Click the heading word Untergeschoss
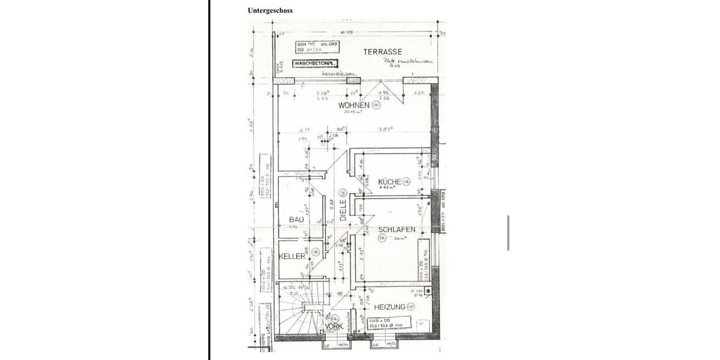[x=270, y=10]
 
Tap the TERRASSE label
[x=382, y=52]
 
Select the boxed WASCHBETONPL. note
[x=316, y=63]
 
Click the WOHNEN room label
[x=353, y=105]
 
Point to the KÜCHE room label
[x=389, y=181]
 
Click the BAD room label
[x=296, y=220]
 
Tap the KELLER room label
[x=292, y=256]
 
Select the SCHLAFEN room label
[x=397, y=229]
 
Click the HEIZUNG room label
[x=389, y=307]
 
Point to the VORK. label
[x=334, y=326]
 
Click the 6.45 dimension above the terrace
[x=347, y=32]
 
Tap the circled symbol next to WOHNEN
[x=376, y=105]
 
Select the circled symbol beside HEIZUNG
[x=411, y=307]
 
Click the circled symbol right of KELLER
[x=316, y=252]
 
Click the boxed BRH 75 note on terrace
[x=317, y=47]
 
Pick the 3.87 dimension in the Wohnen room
[x=386, y=129]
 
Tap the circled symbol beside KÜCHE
[x=406, y=181]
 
